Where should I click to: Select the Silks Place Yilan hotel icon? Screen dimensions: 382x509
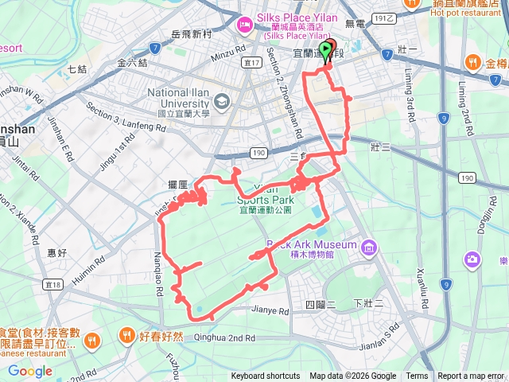click(243, 25)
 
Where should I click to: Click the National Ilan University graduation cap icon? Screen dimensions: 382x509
click(221, 99)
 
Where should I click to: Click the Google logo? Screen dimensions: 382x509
click(29, 371)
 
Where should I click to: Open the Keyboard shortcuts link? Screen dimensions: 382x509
click(266, 376)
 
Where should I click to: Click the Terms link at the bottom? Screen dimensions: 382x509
click(417, 376)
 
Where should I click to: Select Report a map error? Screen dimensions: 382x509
click(471, 376)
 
